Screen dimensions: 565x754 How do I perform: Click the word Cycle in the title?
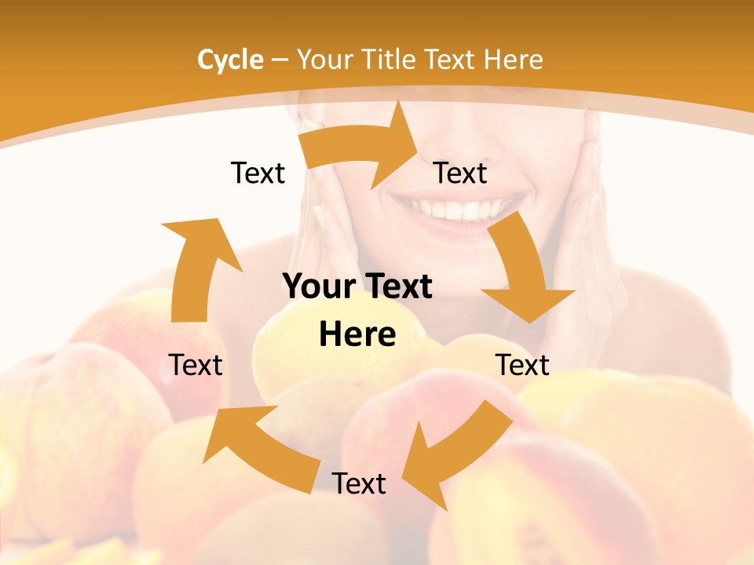(230, 60)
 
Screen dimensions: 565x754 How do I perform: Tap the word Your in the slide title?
(324, 60)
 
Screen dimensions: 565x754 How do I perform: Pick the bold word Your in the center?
(313, 287)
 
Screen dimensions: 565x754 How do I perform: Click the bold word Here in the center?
(357, 334)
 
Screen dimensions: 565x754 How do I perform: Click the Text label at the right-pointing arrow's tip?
(460, 173)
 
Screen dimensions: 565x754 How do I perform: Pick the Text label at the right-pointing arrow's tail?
(258, 173)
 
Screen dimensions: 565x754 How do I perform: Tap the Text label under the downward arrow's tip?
(522, 365)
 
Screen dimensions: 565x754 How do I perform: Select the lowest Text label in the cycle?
(359, 483)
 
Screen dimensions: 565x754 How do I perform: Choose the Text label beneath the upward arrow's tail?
(196, 365)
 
